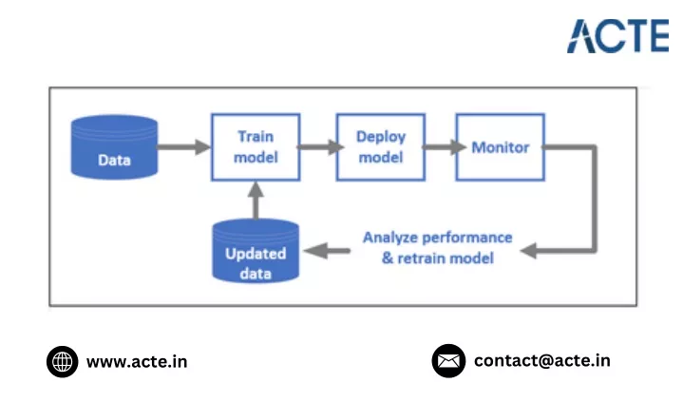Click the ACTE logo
click(x=617, y=36)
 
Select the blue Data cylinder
click(x=114, y=147)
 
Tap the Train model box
click(x=256, y=147)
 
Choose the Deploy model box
click(x=381, y=147)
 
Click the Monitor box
click(x=500, y=147)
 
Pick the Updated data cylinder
click(x=256, y=251)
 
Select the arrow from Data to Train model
click(x=184, y=147)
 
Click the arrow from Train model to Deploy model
click(x=320, y=147)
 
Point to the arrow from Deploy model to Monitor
click(x=445, y=147)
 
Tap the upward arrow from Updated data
click(x=256, y=201)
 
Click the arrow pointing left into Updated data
click(x=327, y=251)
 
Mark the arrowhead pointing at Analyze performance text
click(x=528, y=251)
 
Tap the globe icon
click(x=63, y=361)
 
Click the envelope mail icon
click(x=448, y=361)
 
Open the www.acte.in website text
click(x=137, y=362)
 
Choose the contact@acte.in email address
click(x=542, y=360)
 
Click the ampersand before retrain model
click(x=388, y=258)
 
